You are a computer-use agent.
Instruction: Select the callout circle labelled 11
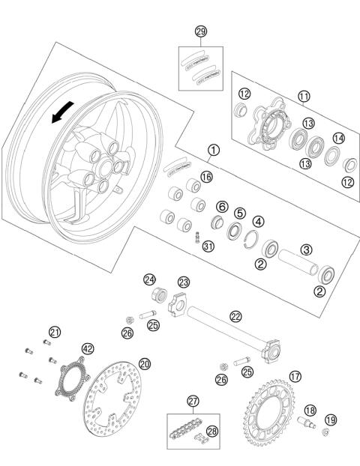click(x=304, y=96)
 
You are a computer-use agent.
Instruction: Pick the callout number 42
click(x=88, y=348)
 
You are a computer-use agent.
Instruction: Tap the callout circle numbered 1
click(x=214, y=150)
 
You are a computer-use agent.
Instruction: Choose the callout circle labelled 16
click(x=206, y=176)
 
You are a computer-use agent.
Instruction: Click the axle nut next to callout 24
click(x=159, y=294)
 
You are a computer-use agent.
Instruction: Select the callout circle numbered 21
click(x=54, y=332)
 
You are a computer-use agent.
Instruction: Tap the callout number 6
click(x=222, y=205)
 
